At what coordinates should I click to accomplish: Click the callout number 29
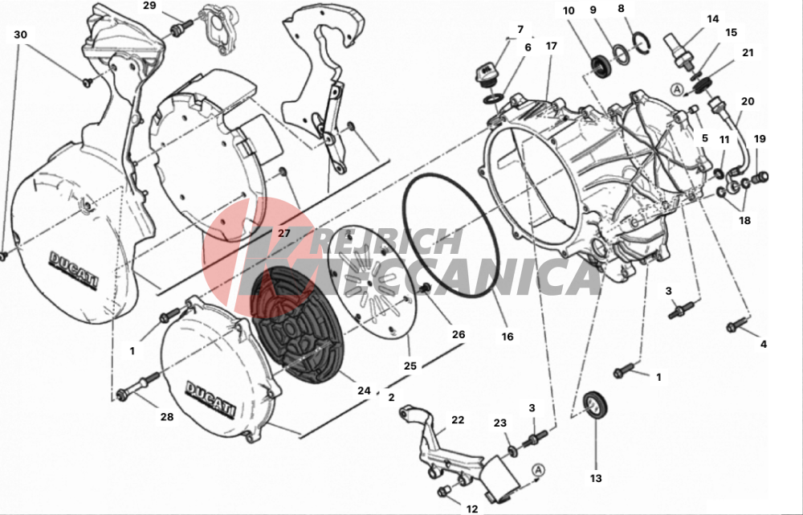point(149,6)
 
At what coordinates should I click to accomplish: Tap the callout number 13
point(596,478)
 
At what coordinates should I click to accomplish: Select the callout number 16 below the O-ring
point(507,337)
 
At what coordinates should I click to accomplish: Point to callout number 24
point(364,390)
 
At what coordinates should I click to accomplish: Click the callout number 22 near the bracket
point(458,419)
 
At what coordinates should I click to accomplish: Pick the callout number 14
point(713,19)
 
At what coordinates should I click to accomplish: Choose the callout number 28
point(167,417)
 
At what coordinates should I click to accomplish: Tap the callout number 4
point(764,345)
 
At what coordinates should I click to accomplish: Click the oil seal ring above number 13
point(596,404)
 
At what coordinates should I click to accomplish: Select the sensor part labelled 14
point(681,51)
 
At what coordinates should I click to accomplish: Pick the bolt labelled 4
point(737,325)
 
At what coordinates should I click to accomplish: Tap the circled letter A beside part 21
point(678,90)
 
